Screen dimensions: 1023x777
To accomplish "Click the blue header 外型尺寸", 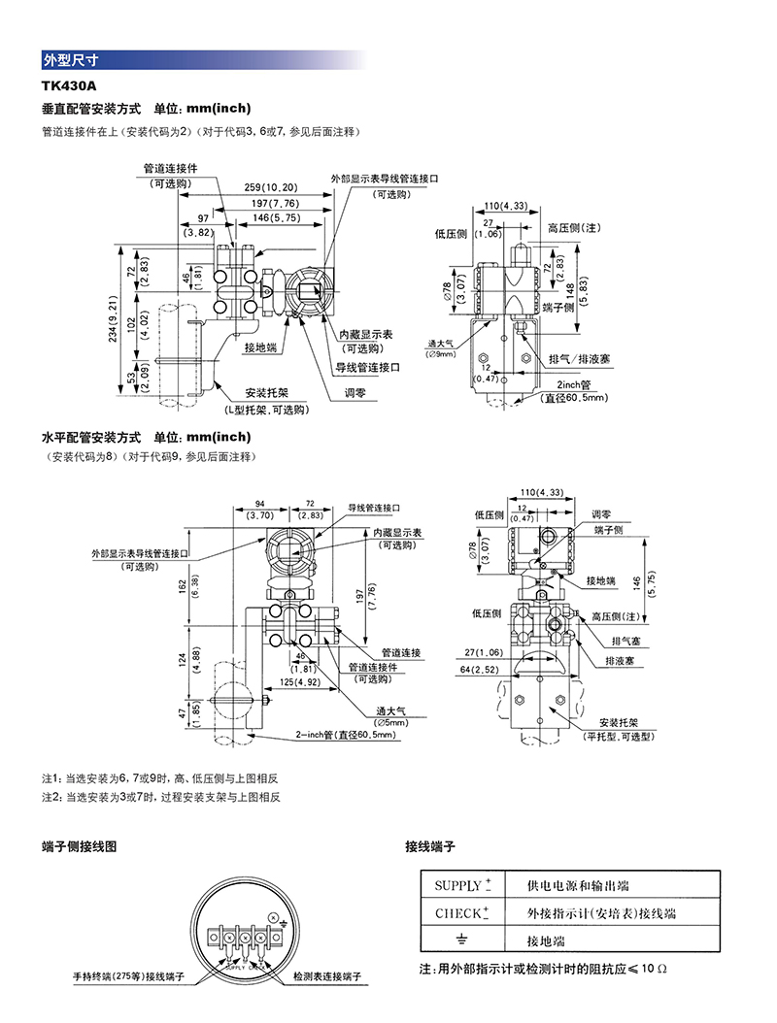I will (x=70, y=60).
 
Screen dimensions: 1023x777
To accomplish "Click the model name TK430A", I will (x=69, y=87).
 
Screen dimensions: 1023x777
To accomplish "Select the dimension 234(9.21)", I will (x=125, y=321).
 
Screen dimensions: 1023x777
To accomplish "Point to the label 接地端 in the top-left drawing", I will (x=260, y=346).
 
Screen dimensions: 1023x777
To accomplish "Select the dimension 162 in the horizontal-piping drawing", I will (x=185, y=586).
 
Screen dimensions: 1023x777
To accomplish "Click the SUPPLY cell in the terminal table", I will (x=462, y=885).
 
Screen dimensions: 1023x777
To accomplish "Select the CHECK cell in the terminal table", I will (x=462, y=913).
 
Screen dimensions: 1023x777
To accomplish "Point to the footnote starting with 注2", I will (x=160, y=797).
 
